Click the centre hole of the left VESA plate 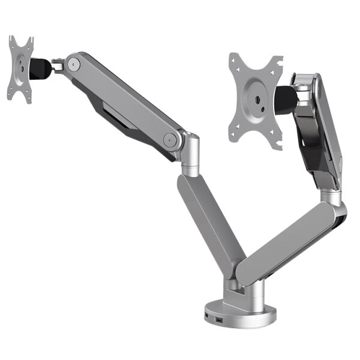tap(21, 68)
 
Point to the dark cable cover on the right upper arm tap(314, 144)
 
